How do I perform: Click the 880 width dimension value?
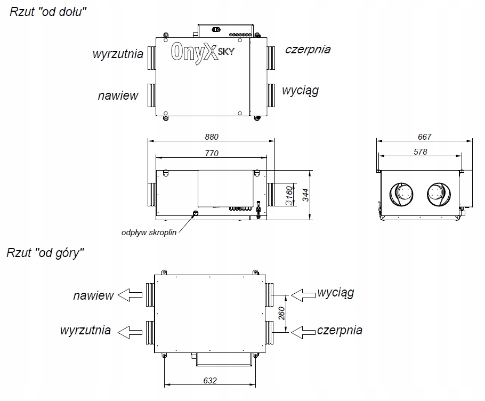point(211,137)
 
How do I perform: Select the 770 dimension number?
point(211,153)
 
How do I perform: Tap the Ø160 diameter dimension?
point(289,195)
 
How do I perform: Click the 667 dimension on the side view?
point(424,137)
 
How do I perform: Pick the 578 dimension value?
point(421,152)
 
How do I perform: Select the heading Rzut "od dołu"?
point(48,12)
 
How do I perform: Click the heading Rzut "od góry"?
point(46,253)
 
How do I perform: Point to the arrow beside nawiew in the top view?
point(131,295)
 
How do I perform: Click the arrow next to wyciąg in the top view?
point(302,294)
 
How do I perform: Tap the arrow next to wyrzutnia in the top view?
point(131,331)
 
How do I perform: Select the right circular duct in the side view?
point(438,194)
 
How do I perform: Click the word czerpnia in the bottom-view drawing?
point(308,50)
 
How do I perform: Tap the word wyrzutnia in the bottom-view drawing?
point(118,54)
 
